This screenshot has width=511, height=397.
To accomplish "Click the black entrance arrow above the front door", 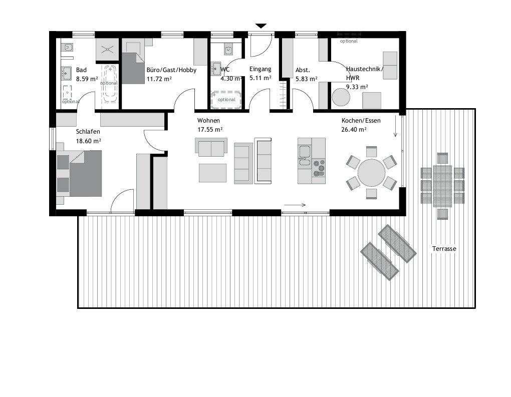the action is [261, 26].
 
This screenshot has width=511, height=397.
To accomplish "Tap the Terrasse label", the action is [444, 249].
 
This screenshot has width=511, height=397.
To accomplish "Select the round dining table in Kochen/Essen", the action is [372, 173].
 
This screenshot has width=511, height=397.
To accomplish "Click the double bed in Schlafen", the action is [79, 173].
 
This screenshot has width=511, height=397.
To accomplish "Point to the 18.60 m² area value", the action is [88, 141].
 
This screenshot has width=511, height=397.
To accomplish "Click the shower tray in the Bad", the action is [107, 50].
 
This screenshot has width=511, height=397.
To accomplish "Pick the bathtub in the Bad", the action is [110, 84].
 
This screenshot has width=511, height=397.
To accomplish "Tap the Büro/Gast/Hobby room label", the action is [171, 71].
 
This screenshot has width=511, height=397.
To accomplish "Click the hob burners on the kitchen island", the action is [319, 168].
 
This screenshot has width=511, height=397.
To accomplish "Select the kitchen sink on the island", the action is [305, 155].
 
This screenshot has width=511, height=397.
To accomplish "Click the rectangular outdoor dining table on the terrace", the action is [442, 186].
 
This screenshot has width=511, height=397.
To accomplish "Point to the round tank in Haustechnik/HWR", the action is [341, 97].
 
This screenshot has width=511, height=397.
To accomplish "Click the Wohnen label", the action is [208, 121].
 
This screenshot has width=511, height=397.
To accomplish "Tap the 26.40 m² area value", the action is [354, 130].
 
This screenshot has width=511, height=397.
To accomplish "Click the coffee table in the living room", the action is [213, 173].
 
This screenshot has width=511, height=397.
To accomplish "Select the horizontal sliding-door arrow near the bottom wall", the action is [295, 205].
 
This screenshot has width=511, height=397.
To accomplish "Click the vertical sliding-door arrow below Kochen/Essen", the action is [396, 126].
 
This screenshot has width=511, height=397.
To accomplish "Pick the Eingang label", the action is [260, 69].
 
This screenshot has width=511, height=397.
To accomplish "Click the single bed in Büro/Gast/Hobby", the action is [133, 68].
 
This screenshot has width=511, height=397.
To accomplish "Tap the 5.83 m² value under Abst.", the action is [306, 79].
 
